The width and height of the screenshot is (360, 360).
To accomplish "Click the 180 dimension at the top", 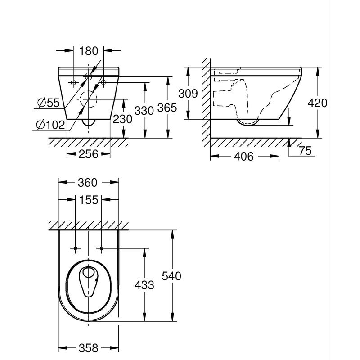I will (x=89, y=51).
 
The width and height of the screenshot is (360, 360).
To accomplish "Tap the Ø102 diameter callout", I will (x=50, y=125).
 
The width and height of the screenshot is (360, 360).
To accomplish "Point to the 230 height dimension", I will (x=123, y=119).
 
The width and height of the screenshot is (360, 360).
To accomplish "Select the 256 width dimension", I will (x=89, y=154).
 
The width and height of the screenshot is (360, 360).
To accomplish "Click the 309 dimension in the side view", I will (x=188, y=94).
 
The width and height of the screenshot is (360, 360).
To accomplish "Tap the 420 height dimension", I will (x=318, y=103).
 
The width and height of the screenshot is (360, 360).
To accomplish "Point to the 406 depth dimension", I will (x=244, y=157).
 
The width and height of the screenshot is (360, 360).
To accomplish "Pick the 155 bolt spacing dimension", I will (x=89, y=200).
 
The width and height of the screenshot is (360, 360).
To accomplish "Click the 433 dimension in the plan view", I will (x=144, y=285).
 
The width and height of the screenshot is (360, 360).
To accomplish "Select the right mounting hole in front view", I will (x=103, y=82).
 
